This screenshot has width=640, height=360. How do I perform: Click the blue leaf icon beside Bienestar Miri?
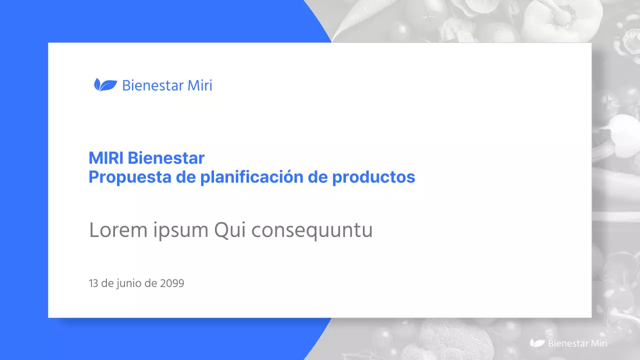[x=105, y=85]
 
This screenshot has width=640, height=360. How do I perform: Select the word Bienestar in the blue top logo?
[x=153, y=85]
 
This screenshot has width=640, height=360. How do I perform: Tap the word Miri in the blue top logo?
[x=200, y=85]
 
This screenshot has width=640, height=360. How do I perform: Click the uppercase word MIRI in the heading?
[x=106, y=158]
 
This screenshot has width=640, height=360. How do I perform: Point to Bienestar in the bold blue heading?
[x=166, y=158]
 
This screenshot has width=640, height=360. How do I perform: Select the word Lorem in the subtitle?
[x=118, y=230]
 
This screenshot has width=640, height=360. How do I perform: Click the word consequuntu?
[x=311, y=231]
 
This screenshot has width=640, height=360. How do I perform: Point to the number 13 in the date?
[x=93, y=283]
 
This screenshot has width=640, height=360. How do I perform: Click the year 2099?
[x=172, y=283]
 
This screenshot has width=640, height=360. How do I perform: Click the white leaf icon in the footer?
[x=537, y=343]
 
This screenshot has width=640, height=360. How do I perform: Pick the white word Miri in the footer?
[x=599, y=343]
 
